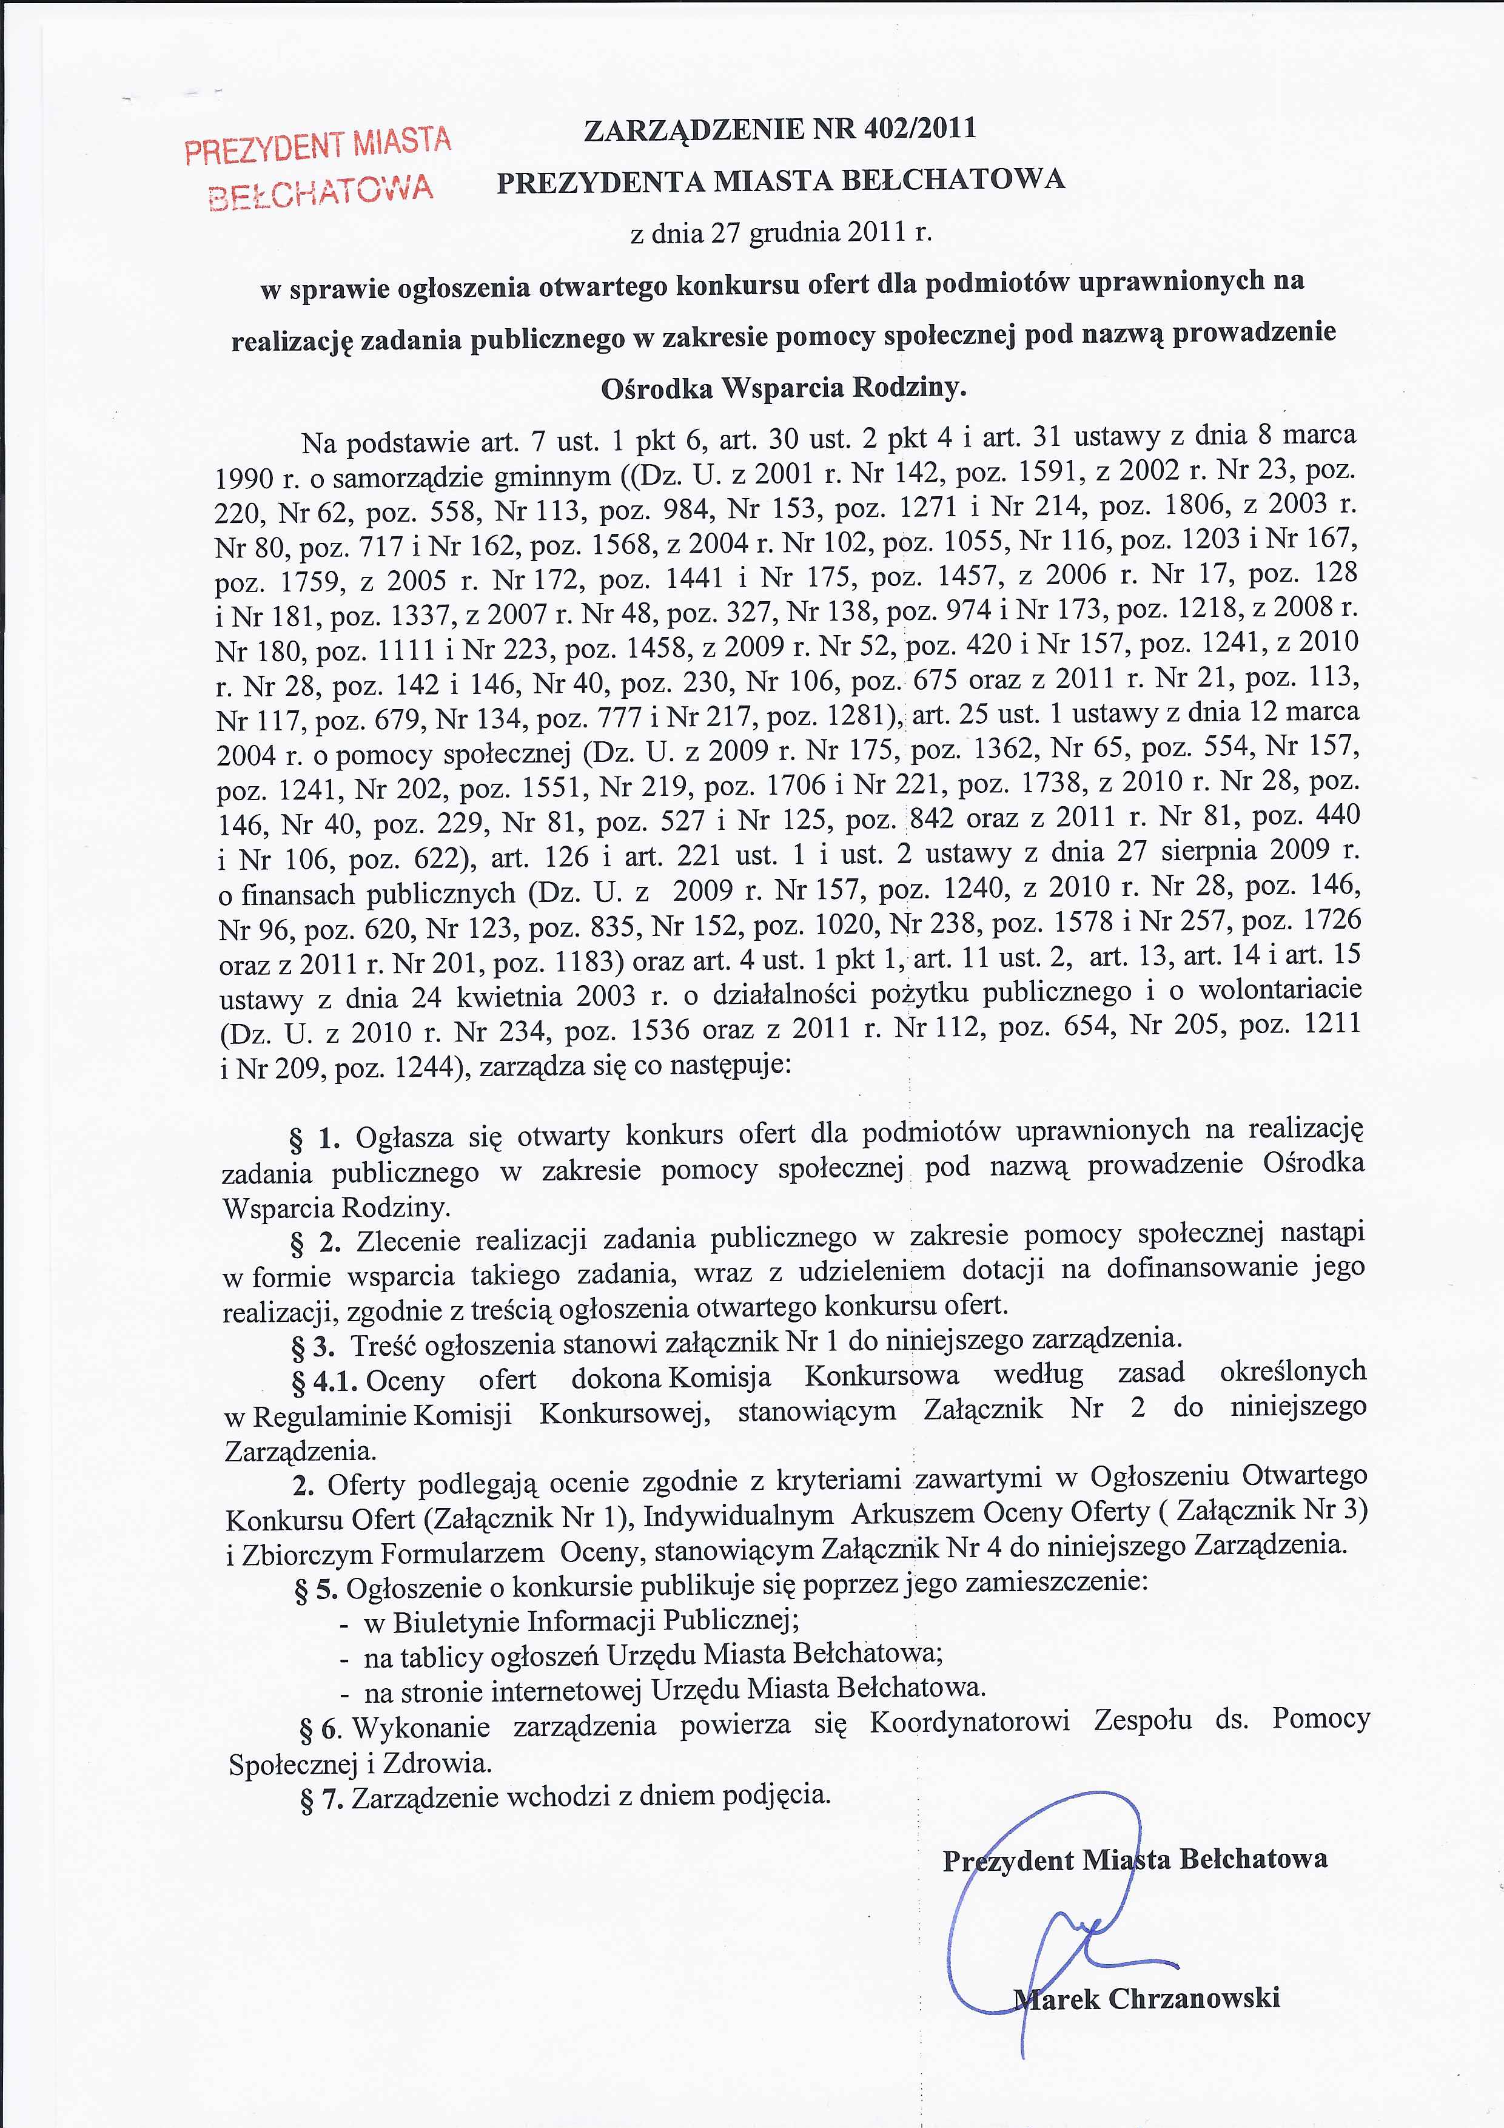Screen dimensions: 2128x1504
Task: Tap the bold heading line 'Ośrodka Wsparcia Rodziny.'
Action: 784,388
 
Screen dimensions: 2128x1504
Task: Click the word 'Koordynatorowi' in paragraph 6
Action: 969,1723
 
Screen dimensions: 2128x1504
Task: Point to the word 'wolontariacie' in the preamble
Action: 1280,990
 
